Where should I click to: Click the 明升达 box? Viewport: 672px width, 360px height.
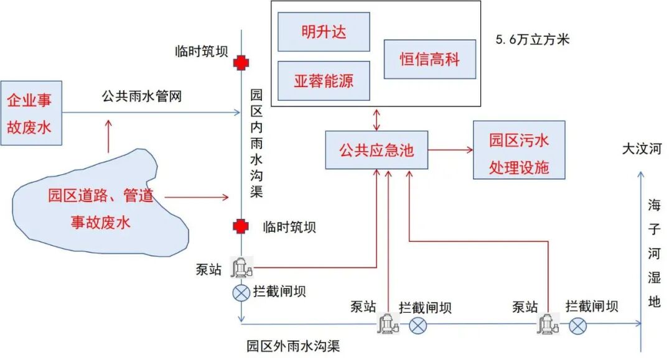point(324,30)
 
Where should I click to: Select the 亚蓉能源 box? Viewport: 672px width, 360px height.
point(324,80)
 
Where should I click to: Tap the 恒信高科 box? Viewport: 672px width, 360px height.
point(429,59)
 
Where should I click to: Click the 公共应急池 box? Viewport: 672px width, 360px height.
point(376,150)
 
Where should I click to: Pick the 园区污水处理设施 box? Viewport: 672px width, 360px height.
point(518,150)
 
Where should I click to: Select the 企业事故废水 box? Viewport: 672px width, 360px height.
point(30,113)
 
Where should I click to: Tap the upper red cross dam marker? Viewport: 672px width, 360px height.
point(241,62)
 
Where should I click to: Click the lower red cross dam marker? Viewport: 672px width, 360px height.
point(241,226)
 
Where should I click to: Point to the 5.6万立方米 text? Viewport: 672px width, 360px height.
point(532,40)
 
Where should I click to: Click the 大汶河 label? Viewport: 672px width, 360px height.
point(641,149)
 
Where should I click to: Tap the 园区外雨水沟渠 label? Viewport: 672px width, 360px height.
point(293,346)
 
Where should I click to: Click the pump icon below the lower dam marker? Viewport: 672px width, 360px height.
point(241,267)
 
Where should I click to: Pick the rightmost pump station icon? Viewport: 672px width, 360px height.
point(548,323)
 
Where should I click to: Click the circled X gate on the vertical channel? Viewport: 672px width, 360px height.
point(241,292)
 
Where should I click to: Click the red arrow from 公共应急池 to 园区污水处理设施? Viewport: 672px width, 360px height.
point(450,150)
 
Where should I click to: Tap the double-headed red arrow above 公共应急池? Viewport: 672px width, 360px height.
point(376,119)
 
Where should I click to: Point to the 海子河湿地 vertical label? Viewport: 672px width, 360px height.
point(654,253)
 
